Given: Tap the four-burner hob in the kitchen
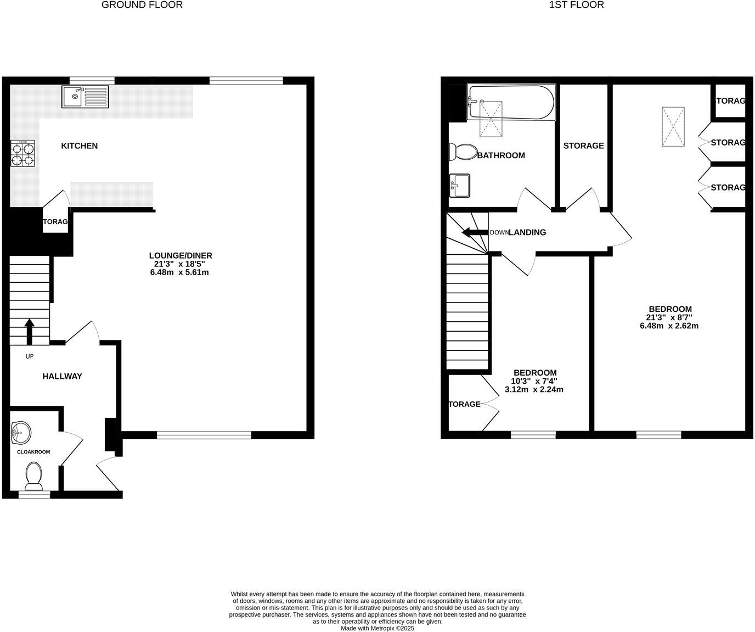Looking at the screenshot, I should click(22, 153).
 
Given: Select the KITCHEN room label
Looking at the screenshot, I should click(79, 146).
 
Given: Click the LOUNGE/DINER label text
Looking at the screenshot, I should click(180, 255).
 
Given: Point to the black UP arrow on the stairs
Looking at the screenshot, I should click(30, 331).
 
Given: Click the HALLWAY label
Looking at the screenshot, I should click(63, 376).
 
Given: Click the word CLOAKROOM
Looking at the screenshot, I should click(33, 452).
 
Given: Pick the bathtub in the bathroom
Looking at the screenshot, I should click(511, 102).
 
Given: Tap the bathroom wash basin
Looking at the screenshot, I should click(459, 186).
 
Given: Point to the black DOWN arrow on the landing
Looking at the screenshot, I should click(475, 232).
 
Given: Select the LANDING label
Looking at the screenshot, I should click(527, 232).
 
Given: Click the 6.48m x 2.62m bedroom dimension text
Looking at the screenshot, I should click(669, 326).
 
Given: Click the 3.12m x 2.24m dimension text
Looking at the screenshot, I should click(534, 390).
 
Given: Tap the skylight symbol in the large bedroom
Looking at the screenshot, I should click(673, 127).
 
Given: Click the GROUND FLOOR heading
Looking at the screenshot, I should click(142, 5).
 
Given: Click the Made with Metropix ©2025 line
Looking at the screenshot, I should click(377, 628).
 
